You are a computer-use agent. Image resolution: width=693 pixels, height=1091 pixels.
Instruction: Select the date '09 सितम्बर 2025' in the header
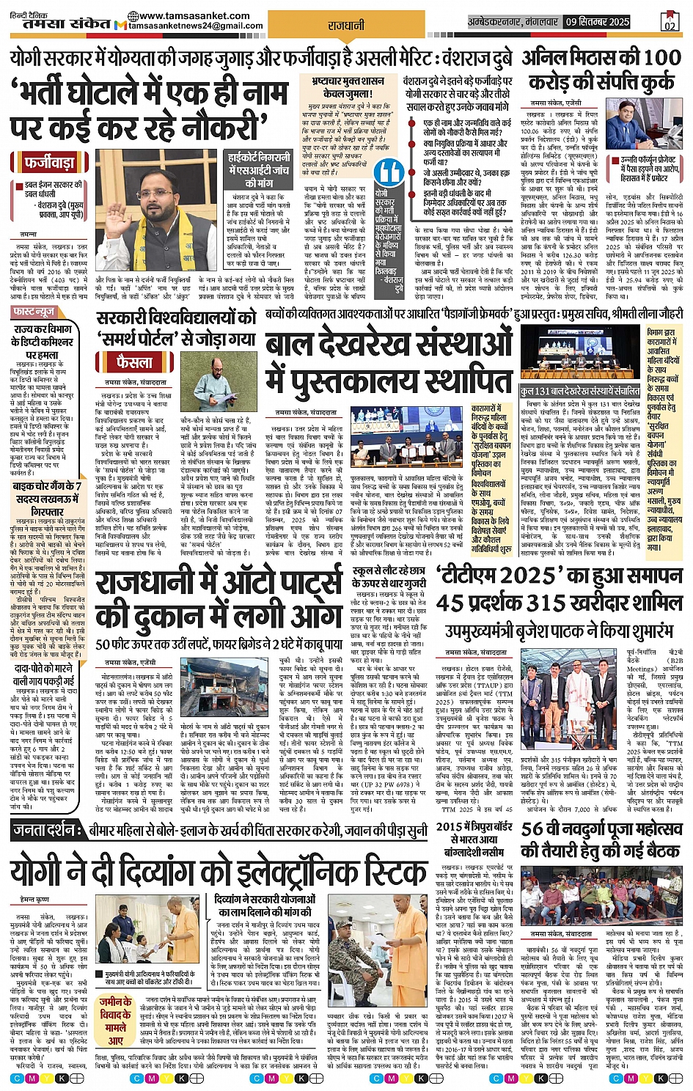[x=597, y=22]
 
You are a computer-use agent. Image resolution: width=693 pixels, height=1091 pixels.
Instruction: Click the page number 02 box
[x=669, y=21]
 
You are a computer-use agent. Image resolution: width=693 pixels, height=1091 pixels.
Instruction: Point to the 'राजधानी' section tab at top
[x=346, y=26]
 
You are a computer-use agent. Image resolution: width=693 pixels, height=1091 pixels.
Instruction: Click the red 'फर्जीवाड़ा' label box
[x=50, y=161]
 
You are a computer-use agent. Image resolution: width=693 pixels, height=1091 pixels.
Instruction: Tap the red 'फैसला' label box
[x=135, y=362]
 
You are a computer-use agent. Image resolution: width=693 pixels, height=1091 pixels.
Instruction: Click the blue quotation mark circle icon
[x=389, y=173]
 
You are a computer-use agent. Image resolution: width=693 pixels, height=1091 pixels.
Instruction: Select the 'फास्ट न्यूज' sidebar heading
[x=34, y=312]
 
